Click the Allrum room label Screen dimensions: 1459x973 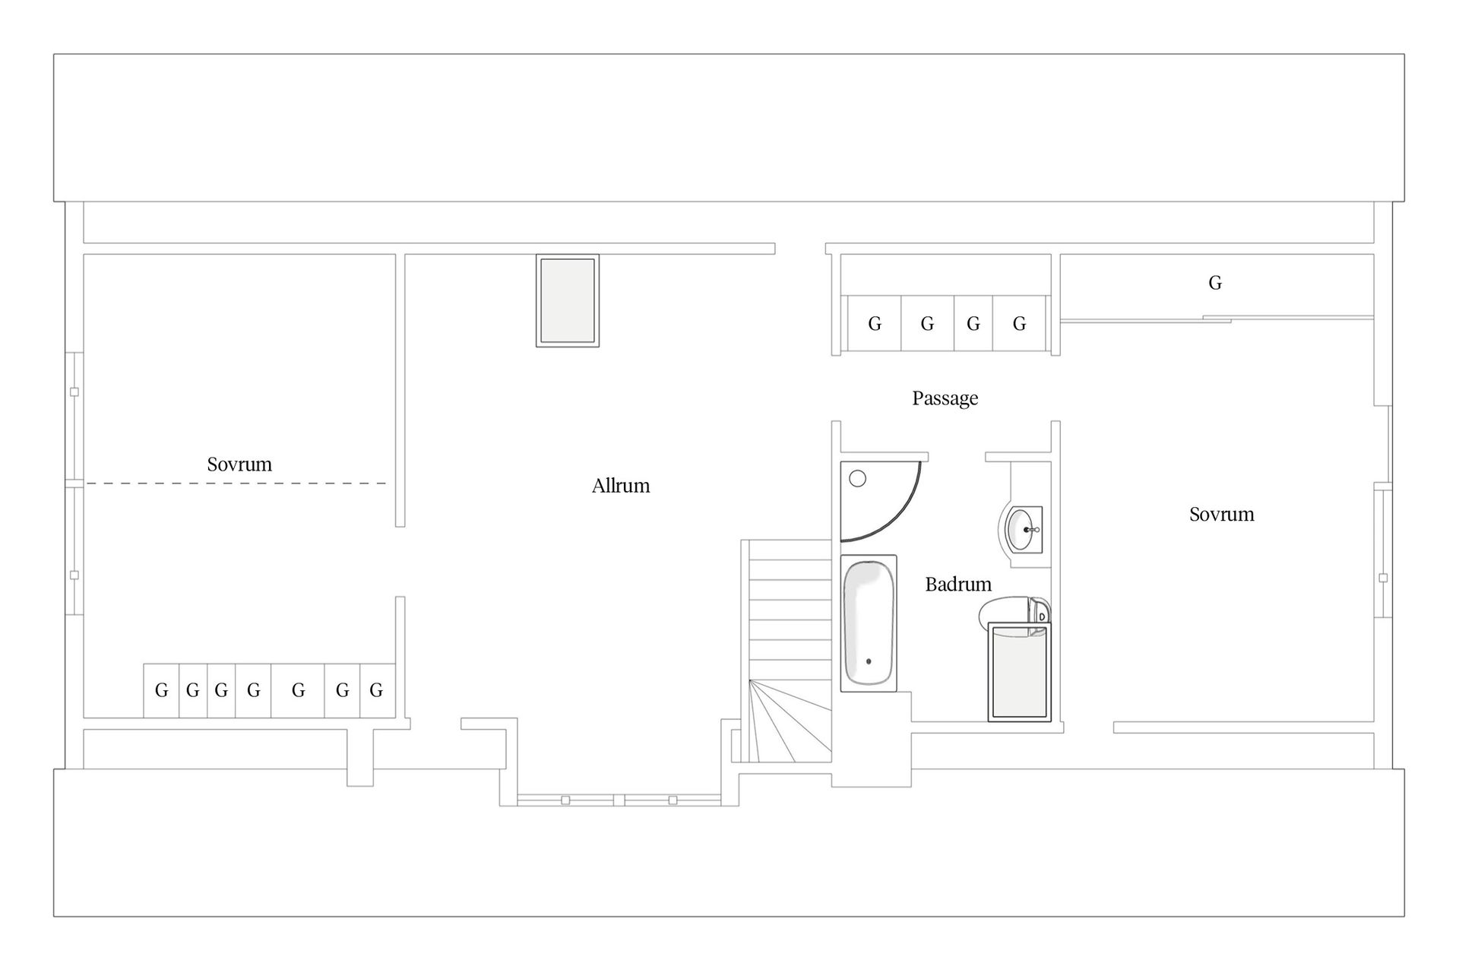point(621,486)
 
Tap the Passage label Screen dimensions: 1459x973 point(945,398)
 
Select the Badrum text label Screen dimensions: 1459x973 point(958,584)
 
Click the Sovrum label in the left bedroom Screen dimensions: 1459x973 point(239,464)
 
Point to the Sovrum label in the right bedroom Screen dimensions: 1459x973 point(1221,515)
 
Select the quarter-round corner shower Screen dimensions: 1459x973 point(880,500)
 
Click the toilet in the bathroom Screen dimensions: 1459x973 point(1014,611)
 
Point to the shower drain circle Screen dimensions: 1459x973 point(858,479)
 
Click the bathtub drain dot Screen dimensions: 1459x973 point(869,661)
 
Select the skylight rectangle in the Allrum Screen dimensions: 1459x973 point(568,301)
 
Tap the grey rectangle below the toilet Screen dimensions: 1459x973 point(1019,672)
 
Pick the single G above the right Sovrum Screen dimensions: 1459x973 point(1215,283)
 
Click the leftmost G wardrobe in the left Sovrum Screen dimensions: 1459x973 point(161,690)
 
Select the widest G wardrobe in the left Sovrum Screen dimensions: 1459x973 point(298,690)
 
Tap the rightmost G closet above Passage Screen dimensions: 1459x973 point(1019,324)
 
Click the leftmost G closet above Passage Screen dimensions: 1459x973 point(875,324)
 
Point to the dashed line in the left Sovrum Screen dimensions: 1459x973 point(236,483)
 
